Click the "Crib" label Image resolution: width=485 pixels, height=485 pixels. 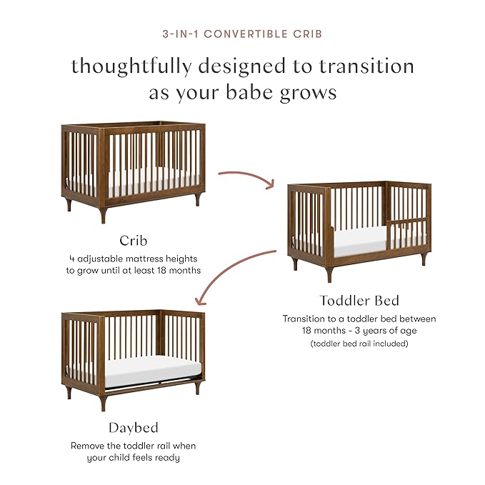133,240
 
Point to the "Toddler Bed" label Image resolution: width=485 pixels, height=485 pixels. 359,301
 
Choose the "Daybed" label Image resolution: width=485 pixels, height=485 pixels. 133,428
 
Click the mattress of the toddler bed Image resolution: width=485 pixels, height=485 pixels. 361,244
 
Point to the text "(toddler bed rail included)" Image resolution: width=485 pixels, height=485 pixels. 359,344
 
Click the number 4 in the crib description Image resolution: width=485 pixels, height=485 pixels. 72,259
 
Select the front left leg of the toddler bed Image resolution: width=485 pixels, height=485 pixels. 330,274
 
